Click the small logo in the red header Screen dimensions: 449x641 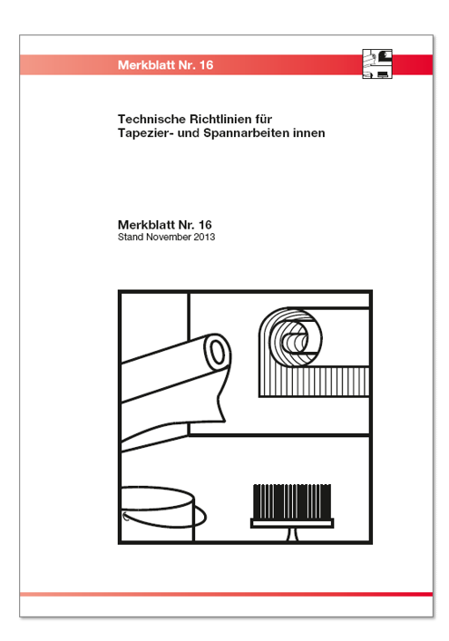pos(377,63)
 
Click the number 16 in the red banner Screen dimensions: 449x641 pos(207,65)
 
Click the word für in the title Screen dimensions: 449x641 pos(264,119)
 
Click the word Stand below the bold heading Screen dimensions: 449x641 pos(131,238)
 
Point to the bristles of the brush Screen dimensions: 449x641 pos(292,501)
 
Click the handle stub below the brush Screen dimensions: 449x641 pos(292,534)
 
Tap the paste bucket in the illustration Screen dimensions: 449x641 pos(160,514)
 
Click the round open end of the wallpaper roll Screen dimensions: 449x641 pos(218,352)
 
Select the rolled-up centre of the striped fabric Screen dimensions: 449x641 pos(295,343)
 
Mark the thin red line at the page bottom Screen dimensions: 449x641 pos(226,594)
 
